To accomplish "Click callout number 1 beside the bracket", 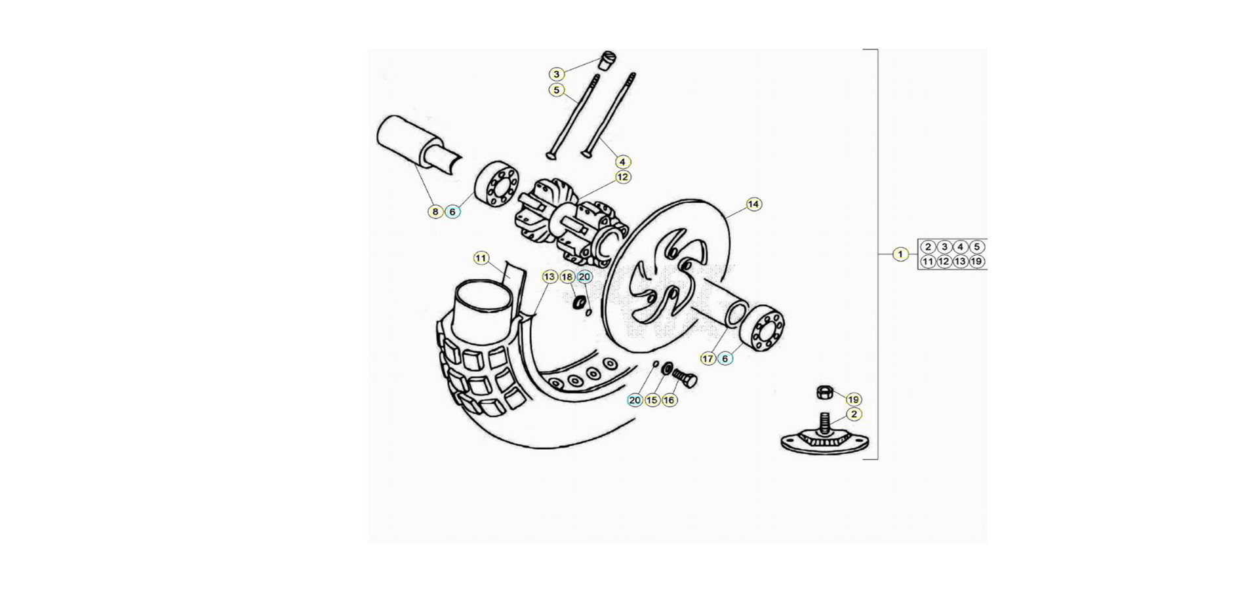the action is pyautogui.click(x=900, y=254).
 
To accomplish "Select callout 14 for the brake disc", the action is pyautogui.click(x=753, y=205).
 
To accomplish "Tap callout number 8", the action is pyautogui.click(x=435, y=212).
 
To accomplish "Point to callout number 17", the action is pyautogui.click(x=708, y=359).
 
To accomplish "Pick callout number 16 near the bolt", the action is pyautogui.click(x=669, y=400).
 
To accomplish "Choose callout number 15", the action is pyautogui.click(x=652, y=400).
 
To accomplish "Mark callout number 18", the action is pyautogui.click(x=567, y=277).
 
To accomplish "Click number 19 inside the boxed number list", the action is pyautogui.click(x=976, y=262).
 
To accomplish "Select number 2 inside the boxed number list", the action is pyautogui.click(x=927, y=247).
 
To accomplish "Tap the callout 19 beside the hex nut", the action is pyautogui.click(x=853, y=399).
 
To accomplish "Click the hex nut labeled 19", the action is pyautogui.click(x=824, y=392).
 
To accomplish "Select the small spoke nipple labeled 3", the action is pyautogui.click(x=607, y=60).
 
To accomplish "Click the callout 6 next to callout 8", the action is pyautogui.click(x=452, y=212).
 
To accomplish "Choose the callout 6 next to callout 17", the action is pyautogui.click(x=725, y=359).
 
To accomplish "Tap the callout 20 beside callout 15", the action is pyautogui.click(x=635, y=400).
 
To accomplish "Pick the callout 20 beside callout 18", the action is pyautogui.click(x=584, y=277).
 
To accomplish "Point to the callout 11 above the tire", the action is pyautogui.click(x=481, y=258).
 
